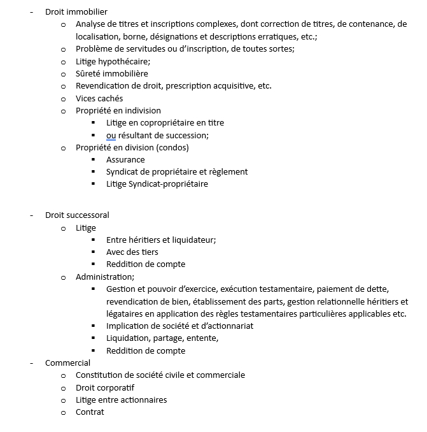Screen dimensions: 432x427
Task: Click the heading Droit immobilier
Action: (76, 12)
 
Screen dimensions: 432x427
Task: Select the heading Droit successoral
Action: (77, 215)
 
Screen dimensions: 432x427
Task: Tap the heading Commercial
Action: (67, 363)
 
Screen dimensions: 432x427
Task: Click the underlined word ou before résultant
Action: (111, 135)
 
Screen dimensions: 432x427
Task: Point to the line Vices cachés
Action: (99, 98)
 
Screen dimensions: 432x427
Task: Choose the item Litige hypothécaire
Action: (113, 61)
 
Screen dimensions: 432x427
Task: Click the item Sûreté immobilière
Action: (111, 73)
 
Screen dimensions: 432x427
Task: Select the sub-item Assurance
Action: (125, 159)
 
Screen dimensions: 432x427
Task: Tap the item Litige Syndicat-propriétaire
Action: (157, 184)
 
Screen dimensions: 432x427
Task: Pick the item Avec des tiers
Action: (132, 252)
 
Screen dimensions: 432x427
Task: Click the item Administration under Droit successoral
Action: (104, 277)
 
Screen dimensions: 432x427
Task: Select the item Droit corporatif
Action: (105, 387)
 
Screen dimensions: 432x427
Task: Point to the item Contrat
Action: (90, 412)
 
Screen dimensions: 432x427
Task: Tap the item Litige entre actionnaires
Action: (121, 400)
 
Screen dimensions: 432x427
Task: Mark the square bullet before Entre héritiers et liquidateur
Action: (93, 240)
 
